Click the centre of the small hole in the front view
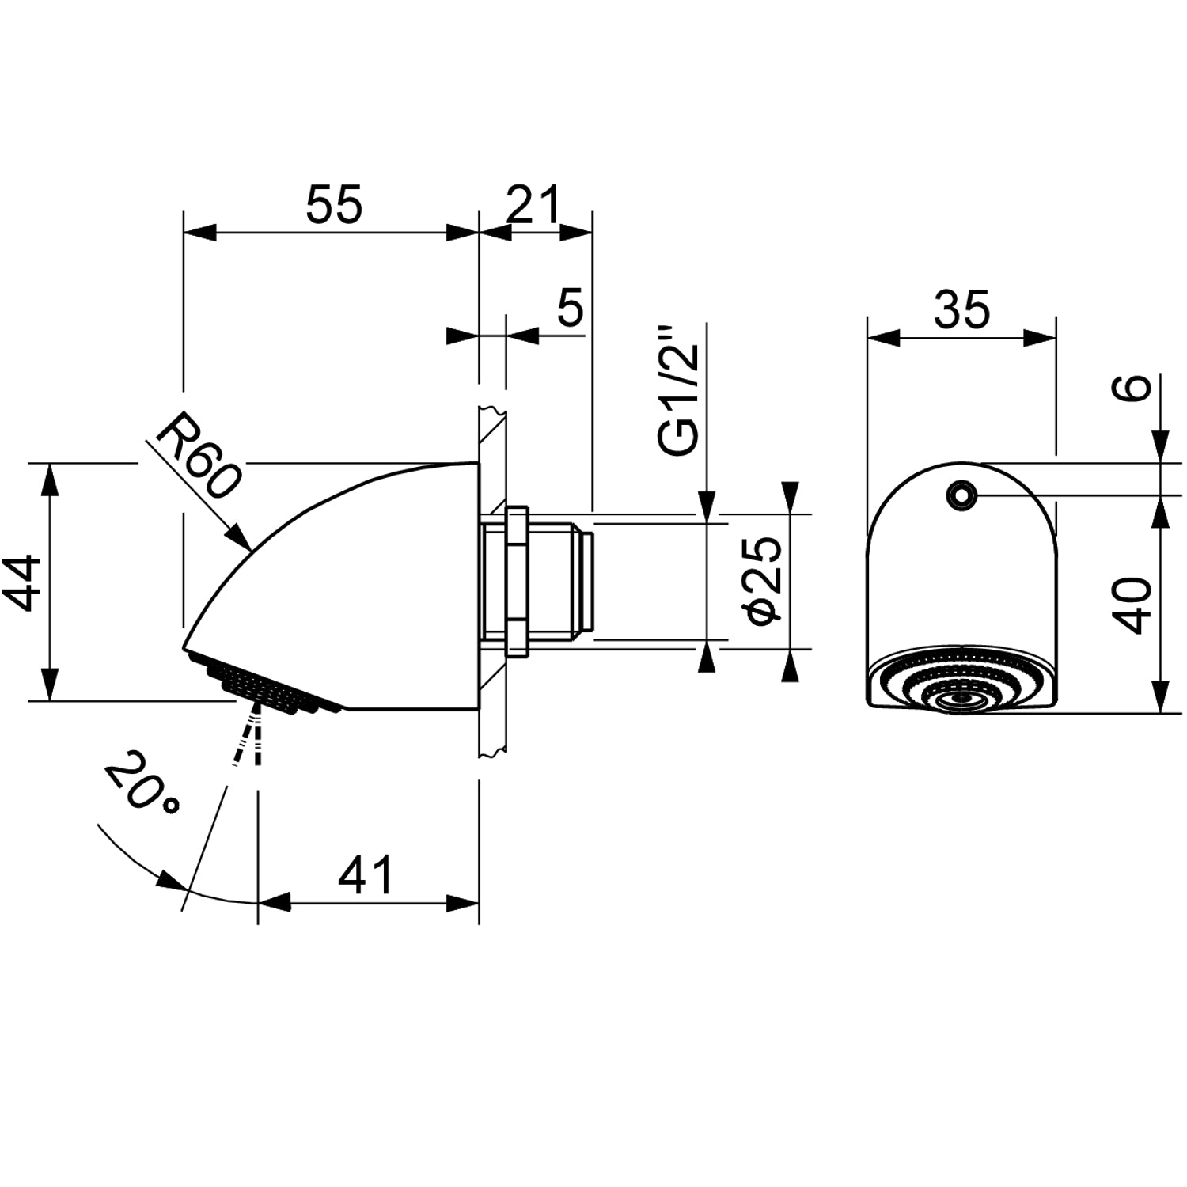[x=961, y=495]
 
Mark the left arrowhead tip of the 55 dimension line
[x=184, y=233]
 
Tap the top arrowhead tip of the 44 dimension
[x=49, y=464]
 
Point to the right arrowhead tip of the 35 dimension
[x=1056, y=338]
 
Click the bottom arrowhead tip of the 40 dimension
[x=1160, y=711]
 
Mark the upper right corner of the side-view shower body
[x=479, y=463]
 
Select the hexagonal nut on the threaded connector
[x=517, y=582]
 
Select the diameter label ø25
[x=764, y=580]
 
